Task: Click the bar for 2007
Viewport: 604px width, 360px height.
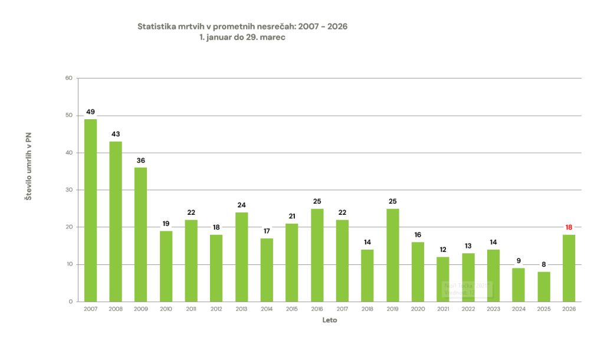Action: pyautogui.click(x=90, y=210)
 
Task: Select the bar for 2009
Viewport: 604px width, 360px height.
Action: pyautogui.click(x=140, y=234)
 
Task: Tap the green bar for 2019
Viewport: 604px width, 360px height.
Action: pyautogui.click(x=392, y=255)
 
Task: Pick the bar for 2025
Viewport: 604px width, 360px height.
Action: pyautogui.click(x=543, y=286)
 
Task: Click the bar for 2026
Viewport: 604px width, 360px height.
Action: pyautogui.click(x=569, y=268)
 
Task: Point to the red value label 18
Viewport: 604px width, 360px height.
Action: pyautogui.click(x=569, y=227)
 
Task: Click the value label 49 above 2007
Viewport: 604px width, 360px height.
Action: pyautogui.click(x=90, y=112)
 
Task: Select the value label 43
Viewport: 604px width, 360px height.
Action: pyautogui.click(x=116, y=134)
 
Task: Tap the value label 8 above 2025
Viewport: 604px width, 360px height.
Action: pyautogui.click(x=543, y=264)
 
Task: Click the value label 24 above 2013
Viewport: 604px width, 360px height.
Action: pyautogui.click(x=241, y=205)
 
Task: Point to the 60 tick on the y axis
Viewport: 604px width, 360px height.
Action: pyautogui.click(x=68, y=78)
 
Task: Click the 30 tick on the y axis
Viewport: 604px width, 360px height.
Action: pyautogui.click(x=68, y=190)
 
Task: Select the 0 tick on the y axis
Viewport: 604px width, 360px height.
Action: pyautogui.click(x=70, y=302)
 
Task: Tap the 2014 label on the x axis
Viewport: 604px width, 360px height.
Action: pyautogui.click(x=267, y=309)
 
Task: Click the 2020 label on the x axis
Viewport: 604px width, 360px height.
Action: pyautogui.click(x=418, y=309)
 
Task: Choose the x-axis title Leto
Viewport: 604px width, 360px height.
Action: pyautogui.click(x=330, y=320)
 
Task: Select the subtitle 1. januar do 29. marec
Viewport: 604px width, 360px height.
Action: pyautogui.click(x=242, y=37)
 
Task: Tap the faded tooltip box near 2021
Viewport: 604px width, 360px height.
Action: pyautogui.click(x=467, y=289)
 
